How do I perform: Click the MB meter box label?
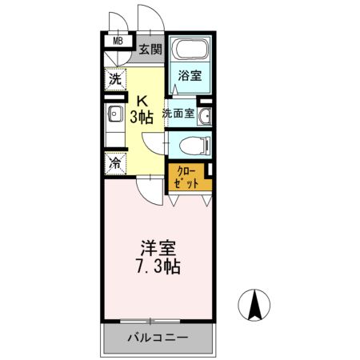click(x=118, y=42)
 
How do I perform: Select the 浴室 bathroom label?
click(x=190, y=76)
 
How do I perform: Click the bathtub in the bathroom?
click(x=190, y=52)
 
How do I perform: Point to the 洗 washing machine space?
click(x=115, y=80)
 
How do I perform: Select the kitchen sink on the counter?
click(x=114, y=114)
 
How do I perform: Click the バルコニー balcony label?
click(x=158, y=337)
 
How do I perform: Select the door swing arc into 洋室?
click(x=148, y=189)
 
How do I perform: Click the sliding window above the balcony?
click(x=158, y=322)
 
